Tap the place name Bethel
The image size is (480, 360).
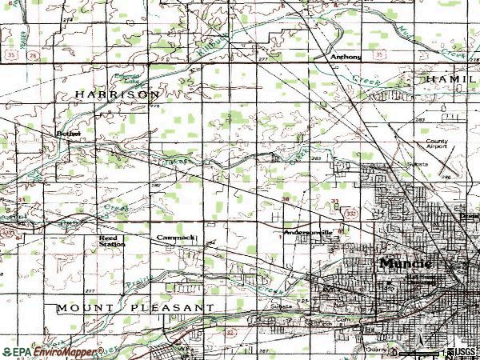69,134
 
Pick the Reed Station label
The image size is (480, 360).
111,241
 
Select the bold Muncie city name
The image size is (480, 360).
406,262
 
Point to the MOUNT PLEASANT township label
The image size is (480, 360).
135,307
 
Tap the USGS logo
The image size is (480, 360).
461,352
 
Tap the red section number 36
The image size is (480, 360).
286,199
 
